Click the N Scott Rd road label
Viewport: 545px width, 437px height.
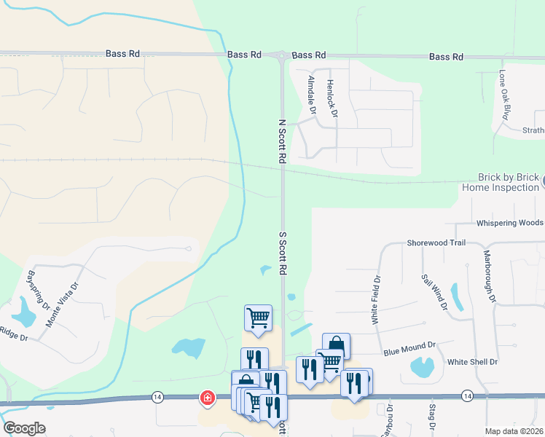click(x=281, y=141)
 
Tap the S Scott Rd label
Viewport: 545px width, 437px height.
click(x=281, y=253)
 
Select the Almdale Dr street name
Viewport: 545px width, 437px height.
click(x=311, y=95)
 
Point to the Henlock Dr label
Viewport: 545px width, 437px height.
click(x=332, y=99)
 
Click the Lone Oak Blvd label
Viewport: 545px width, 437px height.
click(x=503, y=95)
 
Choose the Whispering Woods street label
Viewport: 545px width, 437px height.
click(x=509, y=223)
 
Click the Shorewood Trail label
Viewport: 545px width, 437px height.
click(x=436, y=243)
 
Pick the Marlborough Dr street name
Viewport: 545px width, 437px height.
click(x=490, y=277)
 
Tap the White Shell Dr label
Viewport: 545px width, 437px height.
click(x=472, y=362)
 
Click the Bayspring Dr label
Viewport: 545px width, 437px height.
click(x=31, y=288)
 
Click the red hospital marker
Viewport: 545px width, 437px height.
click(x=208, y=398)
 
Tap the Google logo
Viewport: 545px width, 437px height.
click(x=24, y=428)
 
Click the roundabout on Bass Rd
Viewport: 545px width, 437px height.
click(x=281, y=55)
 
